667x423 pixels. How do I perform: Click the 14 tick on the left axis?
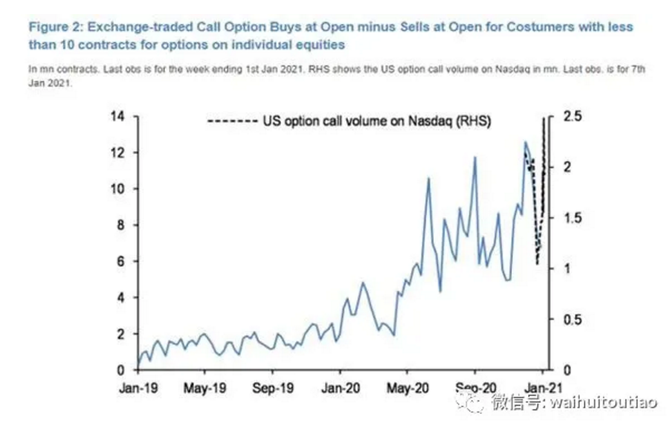click(x=118, y=117)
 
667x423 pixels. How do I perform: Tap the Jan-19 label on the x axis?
click(x=138, y=387)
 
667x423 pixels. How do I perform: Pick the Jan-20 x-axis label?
click(x=340, y=387)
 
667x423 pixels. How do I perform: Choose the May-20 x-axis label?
click(x=407, y=387)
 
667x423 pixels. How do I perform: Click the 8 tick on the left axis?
click(x=122, y=225)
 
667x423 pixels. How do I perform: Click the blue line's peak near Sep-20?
click(x=474, y=158)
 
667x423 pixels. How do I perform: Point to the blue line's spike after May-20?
click(x=428, y=178)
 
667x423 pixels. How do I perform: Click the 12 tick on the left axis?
click(x=118, y=152)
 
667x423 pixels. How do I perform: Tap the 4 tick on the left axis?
click(x=122, y=297)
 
